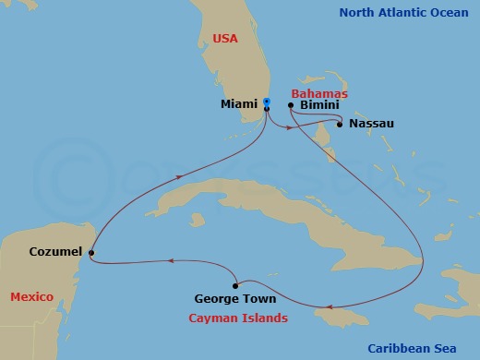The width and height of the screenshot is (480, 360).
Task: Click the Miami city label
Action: tap(238, 105)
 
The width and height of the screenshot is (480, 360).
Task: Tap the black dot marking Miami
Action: tap(266, 109)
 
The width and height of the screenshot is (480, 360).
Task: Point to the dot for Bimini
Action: tap(291, 106)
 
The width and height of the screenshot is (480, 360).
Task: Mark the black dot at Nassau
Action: tap(340, 124)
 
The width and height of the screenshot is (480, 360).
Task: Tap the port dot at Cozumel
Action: tap(90, 252)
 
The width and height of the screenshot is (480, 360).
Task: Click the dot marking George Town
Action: tap(237, 283)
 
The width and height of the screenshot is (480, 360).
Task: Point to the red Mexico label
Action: tap(30, 296)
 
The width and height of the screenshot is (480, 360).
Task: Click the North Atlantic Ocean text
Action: tap(403, 12)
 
